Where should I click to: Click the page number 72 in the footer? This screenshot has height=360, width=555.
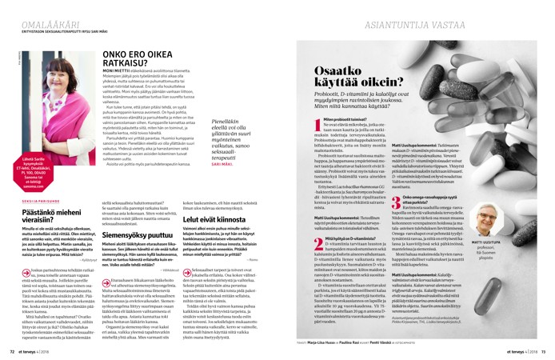pyautogui.click(x=12, y=350)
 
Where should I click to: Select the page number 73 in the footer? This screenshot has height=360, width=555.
pyautogui.click(x=543, y=350)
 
